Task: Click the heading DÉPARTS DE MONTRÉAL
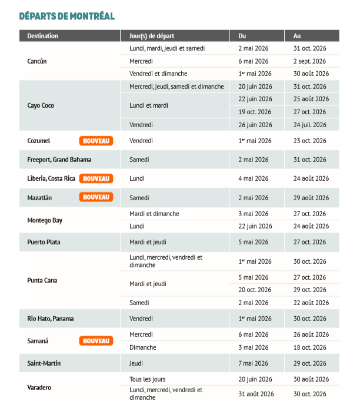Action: click(x=66, y=16)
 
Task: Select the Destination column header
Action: click(x=42, y=36)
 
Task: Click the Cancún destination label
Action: click(x=37, y=61)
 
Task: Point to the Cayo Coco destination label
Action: click(x=41, y=106)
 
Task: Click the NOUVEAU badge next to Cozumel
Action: click(x=96, y=141)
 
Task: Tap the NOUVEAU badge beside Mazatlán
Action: click(x=96, y=197)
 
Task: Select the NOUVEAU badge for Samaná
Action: click(x=96, y=341)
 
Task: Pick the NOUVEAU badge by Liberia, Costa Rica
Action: click(x=96, y=178)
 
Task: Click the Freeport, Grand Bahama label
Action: click(x=59, y=160)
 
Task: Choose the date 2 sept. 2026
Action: click(x=309, y=61)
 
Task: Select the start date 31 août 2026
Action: click(x=256, y=393)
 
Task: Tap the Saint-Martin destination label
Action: click(x=44, y=363)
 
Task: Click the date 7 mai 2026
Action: click(x=253, y=363)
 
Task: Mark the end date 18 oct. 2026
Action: click(x=309, y=347)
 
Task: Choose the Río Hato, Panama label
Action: click(x=51, y=319)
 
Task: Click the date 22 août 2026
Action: click(x=311, y=303)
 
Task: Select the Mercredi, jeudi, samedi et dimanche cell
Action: click(x=176, y=87)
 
